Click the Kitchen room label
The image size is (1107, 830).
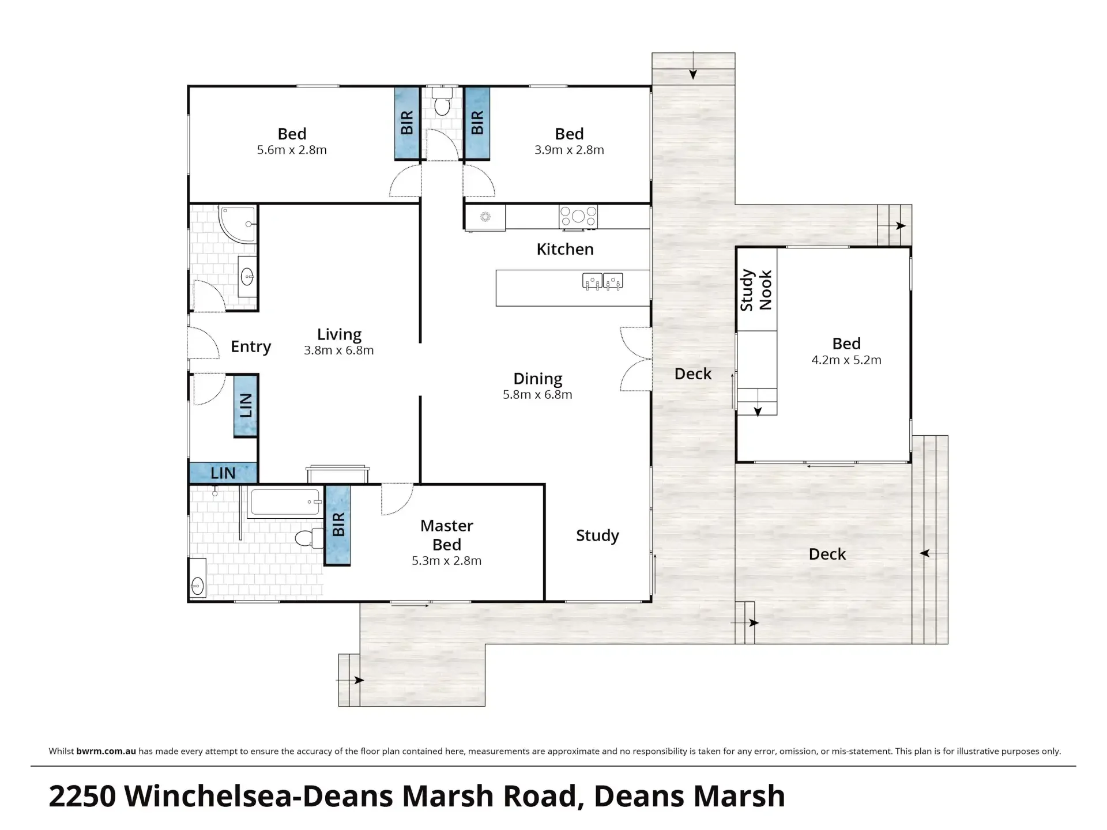tap(565, 249)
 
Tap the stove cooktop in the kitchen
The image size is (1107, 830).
tap(578, 217)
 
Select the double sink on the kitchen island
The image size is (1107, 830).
tap(603, 281)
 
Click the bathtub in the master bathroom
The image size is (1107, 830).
tap(285, 502)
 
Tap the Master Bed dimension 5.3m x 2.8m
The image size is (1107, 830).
tap(446, 561)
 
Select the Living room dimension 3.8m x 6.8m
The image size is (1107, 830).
tap(339, 350)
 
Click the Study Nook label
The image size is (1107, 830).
tap(756, 290)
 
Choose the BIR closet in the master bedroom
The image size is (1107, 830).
tap(338, 525)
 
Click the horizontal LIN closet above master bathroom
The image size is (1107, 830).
tap(223, 473)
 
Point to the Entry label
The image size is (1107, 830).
tap(251, 346)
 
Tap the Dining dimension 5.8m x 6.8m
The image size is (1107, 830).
tap(537, 395)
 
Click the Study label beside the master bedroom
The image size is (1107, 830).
tap(597, 535)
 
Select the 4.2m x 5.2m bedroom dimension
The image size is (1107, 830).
tap(846, 360)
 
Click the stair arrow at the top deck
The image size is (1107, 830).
tap(693, 66)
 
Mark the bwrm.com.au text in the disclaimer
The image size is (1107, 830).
tap(106, 751)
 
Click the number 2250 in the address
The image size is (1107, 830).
tap(83, 797)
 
